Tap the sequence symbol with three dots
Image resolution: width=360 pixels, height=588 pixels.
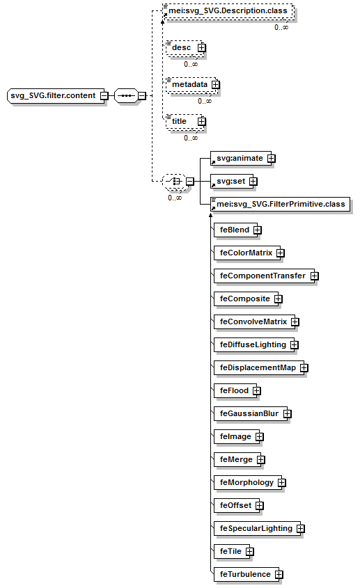tap(126, 95)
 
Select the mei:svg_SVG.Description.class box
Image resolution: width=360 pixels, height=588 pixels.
tap(228, 11)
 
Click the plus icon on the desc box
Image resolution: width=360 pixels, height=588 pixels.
tap(202, 47)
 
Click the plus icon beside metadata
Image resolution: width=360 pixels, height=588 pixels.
tap(215, 85)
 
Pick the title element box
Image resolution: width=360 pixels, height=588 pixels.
tap(185, 122)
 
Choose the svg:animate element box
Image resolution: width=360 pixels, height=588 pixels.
tap(240, 158)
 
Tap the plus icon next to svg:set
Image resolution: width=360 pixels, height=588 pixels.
tap(253, 182)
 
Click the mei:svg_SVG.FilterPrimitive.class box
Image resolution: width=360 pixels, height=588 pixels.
tap(280, 205)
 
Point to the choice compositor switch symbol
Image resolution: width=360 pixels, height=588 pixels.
tap(174, 182)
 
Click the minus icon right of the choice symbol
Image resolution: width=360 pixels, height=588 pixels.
tap(190, 182)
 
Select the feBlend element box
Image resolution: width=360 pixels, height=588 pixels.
tap(237, 230)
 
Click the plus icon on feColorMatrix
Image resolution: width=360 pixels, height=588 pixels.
tap(281, 253)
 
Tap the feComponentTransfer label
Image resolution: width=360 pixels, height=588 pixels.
tap(263, 276)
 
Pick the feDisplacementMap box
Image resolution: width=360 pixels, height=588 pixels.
tap(260, 368)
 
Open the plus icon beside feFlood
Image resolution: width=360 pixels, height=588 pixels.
tap(257, 391)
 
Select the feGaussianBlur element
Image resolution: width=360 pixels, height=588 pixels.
tap(251, 413)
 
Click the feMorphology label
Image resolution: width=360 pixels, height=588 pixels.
tap(246, 483)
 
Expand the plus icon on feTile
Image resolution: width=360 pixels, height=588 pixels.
tap(250, 552)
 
